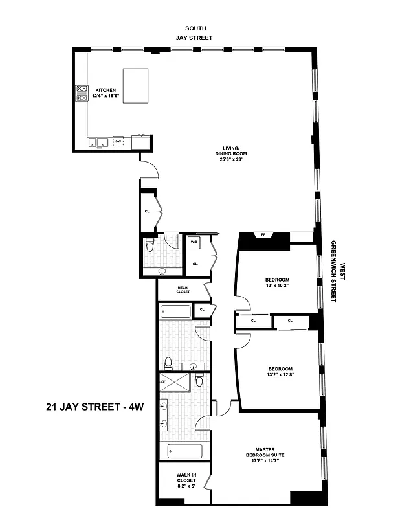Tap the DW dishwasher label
pyautogui.click(x=118, y=140)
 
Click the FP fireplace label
pyautogui.click(x=263, y=234)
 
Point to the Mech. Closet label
pyautogui.click(x=183, y=289)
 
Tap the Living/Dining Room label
pyautogui.click(x=231, y=156)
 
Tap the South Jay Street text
pyautogui.click(x=195, y=33)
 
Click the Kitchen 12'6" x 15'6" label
pyautogui.click(x=106, y=93)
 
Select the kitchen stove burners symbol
pyautogui.click(x=82, y=94)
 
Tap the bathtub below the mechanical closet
pyautogui.click(x=175, y=311)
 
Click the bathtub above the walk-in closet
pyautogui.click(x=184, y=451)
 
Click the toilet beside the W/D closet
pyautogui.click(x=150, y=247)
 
